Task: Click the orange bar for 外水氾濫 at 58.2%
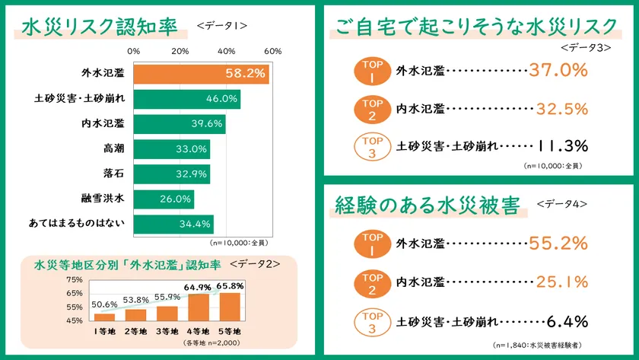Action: click(202, 74)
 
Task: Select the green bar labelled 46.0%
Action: click(187, 99)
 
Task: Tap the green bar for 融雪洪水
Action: click(164, 199)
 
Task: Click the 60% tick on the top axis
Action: click(273, 51)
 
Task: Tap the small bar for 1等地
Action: click(104, 317)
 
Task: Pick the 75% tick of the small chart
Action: click(74, 280)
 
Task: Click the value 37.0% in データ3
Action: click(558, 71)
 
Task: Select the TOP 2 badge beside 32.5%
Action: click(372, 109)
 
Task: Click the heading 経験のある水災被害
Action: click(427, 205)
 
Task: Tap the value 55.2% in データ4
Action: click(558, 244)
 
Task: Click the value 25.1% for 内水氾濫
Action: click(558, 282)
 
